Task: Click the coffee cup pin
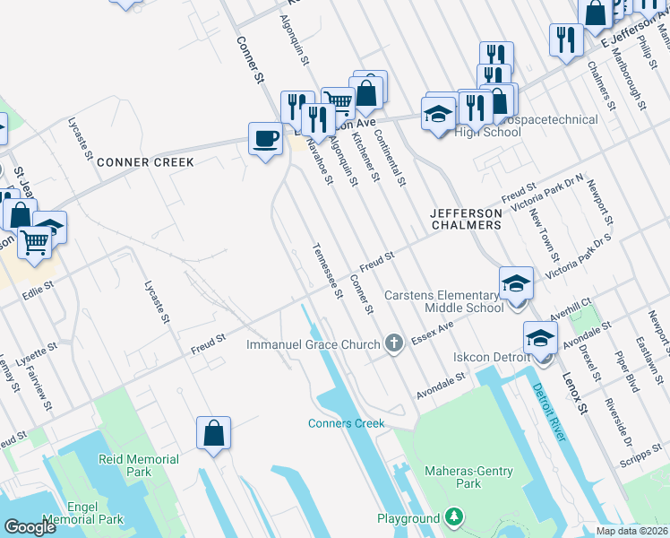pos(264,139)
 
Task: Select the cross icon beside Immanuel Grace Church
pos(392,343)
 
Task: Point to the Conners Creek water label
pos(346,423)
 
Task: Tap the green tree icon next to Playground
pos(455,518)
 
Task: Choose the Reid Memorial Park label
pos(139,465)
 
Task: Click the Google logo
pos(30,527)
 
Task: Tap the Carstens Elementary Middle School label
pos(443,301)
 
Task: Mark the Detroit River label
pos(547,412)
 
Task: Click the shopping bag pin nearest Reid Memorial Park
pos(214,434)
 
